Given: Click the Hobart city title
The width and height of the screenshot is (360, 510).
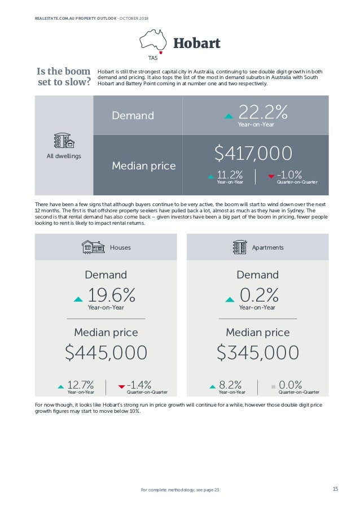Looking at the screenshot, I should pyautogui.click(x=196, y=43).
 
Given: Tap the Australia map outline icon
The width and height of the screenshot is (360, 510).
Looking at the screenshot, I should pyautogui.click(x=153, y=40).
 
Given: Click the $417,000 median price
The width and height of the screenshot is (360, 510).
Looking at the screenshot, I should pyautogui.click(x=253, y=152).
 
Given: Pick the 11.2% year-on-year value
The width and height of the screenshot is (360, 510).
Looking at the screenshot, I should pyautogui.click(x=230, y=175).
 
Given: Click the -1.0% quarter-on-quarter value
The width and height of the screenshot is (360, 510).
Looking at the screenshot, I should pyautogui.click(x=289, y=175).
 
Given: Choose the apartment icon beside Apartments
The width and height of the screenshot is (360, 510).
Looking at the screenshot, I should pyautogui.click(x=239, y=247).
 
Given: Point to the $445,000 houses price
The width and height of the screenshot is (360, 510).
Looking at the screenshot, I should pyautogui.click(x=106, y=352).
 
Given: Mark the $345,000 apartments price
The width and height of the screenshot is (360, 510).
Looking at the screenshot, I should pyautogui.click(x=258, y=352).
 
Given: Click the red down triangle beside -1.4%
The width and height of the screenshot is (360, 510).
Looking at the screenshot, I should pyautogui.click(x=121, y=387).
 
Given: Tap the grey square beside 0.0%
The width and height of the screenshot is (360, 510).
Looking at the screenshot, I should pyautogui.click(x=273, y=387).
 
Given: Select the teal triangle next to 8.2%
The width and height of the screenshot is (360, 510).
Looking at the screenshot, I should pyautogui.click(x=212, y=387).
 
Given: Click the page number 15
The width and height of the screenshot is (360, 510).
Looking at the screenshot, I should pyautogui.click(x=335, y=489).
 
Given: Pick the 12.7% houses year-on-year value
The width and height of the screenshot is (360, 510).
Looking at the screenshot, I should pyautogui.click(x=80, y=385).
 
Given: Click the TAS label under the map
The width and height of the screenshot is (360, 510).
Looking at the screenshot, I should pyautogui.click(x=153, y=58).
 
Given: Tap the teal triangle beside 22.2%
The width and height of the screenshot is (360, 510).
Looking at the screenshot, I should pyautogui.click(x=229, y=116).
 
